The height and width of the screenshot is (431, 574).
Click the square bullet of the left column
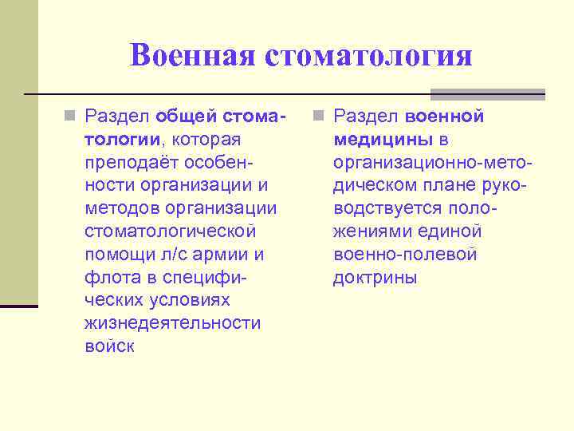coord(70,117)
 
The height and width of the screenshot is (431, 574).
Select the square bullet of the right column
coord(319,117)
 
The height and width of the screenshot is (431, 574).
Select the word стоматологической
coord(170,231)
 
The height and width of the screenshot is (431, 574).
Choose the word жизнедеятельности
coord(172,323)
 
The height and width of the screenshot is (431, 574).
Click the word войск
coord(109,346)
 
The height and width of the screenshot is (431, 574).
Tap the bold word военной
coord(444,117)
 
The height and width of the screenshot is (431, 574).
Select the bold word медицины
coord(383,140)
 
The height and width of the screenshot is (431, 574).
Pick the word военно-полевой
coord(405,255)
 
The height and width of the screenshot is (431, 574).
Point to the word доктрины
coord(375,278)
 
